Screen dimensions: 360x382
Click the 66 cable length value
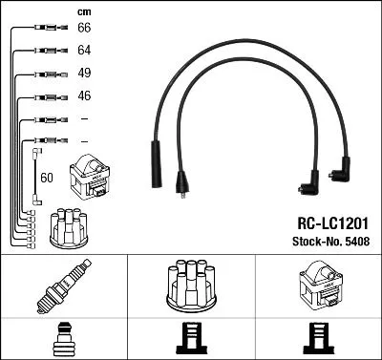pyautogui.click(x=83, y=29)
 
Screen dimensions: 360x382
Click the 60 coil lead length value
pyautogui.click(x=47, y=178)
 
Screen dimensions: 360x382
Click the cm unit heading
pyautogui.click(x=83, y=11)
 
